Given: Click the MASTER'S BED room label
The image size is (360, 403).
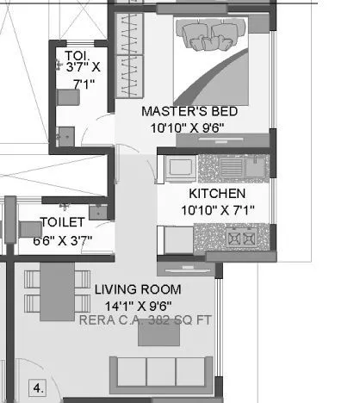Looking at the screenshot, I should point(189,112).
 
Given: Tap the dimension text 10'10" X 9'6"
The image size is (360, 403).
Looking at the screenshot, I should point(189,127).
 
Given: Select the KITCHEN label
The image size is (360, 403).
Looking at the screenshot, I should point(217,194).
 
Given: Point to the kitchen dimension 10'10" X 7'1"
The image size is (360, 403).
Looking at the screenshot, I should point(217,209).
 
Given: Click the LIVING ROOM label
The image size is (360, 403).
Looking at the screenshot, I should point(138,289).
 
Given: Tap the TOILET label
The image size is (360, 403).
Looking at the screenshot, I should point(62,223).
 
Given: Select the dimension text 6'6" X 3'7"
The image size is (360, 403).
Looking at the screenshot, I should point(62,239).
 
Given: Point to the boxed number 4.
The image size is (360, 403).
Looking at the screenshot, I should point(38,386).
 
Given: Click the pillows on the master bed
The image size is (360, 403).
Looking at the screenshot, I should point(211,34).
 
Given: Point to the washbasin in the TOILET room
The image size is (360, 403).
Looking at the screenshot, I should point(98,209).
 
